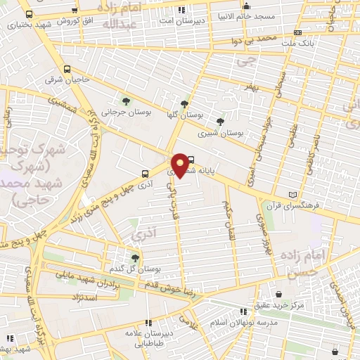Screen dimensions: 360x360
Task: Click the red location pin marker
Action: [x=180, y=165]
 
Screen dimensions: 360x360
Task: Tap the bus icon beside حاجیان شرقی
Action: [x=67, y=69]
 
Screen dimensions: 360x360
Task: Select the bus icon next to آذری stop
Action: [x=146, y=173]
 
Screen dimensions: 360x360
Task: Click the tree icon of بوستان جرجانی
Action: [x=127, y=101]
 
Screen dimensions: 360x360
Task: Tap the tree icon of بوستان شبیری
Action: [x=220, y=122]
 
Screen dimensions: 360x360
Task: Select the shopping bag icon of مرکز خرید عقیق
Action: [x=280, y=294]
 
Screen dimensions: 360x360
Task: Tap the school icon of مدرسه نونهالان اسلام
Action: [x=243, y=310]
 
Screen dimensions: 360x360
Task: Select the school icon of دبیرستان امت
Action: [x=182, y=10]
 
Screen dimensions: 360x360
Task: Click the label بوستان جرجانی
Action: [x=117, y=111]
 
